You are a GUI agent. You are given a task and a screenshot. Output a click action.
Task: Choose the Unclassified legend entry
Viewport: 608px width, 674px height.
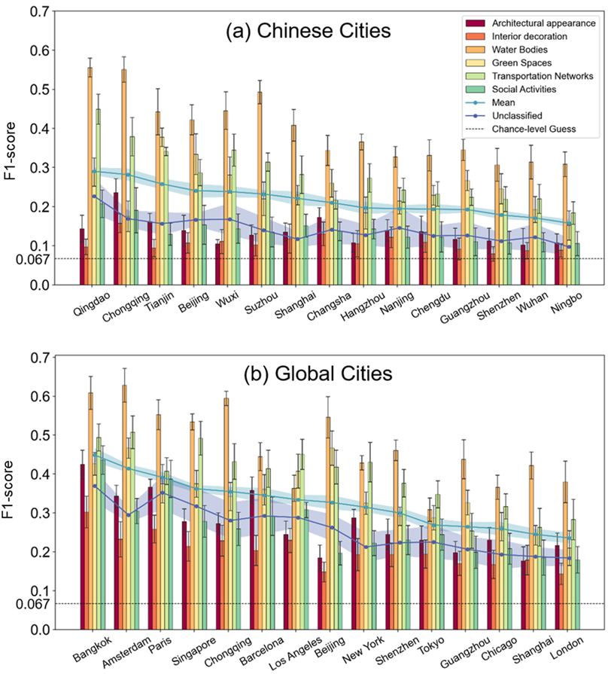coord(521,116)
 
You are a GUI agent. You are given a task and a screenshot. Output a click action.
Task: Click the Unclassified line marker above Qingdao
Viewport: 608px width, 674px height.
coord(94,196)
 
